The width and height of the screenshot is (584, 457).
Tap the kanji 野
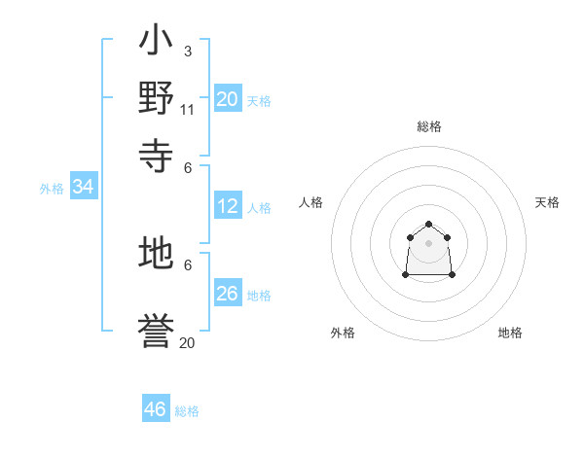156,97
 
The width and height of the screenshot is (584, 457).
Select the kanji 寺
156,153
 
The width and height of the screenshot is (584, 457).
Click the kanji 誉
156,333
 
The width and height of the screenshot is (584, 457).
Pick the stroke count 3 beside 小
187,51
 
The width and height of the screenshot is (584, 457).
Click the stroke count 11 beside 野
188,109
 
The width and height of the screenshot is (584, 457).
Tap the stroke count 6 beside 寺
188,166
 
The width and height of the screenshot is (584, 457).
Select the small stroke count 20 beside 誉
187,342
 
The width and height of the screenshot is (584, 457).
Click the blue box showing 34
83,188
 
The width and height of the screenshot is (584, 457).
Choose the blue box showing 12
228,206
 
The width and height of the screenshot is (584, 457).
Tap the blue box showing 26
228,293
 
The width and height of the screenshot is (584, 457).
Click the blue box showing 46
156,409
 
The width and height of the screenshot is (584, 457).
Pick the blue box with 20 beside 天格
228,99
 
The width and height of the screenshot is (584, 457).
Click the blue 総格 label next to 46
187,411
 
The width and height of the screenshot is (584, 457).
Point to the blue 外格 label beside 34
52,189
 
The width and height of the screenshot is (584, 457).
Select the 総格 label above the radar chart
429,126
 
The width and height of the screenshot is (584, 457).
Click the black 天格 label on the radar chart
548,202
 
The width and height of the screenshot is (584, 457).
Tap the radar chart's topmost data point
428,224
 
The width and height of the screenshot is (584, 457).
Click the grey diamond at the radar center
428,243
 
